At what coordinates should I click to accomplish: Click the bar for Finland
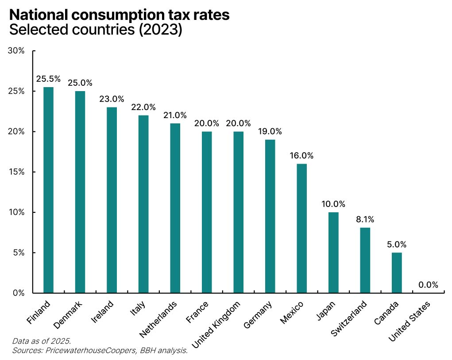coord(48,190)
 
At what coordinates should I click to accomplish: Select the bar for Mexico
coord(301,228)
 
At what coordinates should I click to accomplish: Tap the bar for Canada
coord(397,272)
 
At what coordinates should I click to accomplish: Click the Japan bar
coord(333,253)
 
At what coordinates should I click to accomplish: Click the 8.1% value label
coord(365,219)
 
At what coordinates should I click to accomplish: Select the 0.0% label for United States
coord(428,285)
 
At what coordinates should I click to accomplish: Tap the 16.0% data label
coord(301,156)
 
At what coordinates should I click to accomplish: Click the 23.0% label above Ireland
coord(112,99)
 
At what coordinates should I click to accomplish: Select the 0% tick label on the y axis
coord(18,293)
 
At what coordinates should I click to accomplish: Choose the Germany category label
coord(258,314)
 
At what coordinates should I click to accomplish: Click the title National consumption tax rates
coord(119,15)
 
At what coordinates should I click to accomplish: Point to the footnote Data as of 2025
coord(41,341)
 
